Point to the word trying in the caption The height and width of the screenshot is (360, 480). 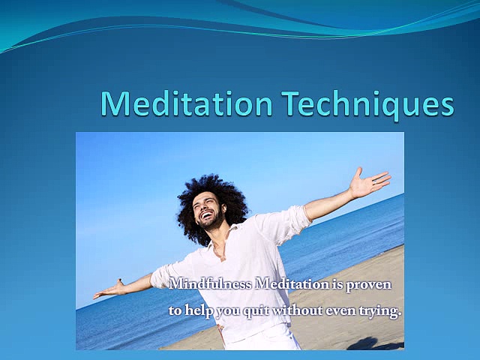pos(379,310)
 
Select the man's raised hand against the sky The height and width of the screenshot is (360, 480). pos(371,183)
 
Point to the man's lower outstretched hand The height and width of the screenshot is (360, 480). pos(109,289)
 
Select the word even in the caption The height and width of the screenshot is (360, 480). pos(341,309)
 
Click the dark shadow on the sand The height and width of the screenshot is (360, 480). pos(379,343)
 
